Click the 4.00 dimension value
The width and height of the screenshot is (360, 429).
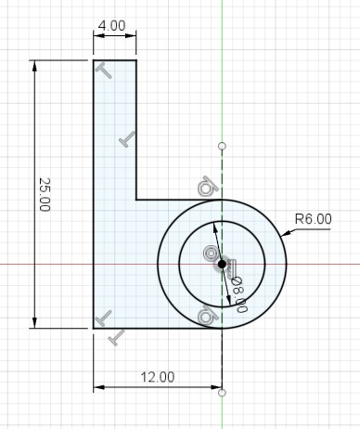pos(111,25)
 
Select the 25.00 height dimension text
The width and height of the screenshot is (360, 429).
pos(45,194)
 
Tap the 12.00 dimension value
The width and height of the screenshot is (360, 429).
pos(158,377)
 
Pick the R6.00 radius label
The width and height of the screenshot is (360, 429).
pos(314,219)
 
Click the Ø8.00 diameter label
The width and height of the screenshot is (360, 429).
pos(239,294)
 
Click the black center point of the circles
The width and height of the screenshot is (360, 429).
pos(222,265)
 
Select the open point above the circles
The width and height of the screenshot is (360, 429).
pos(222,146)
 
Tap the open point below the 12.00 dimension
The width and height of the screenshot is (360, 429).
pos(222,393)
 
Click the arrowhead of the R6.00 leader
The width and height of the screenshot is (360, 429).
pos(285,233)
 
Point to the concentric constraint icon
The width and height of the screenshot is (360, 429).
pos(211,253)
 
